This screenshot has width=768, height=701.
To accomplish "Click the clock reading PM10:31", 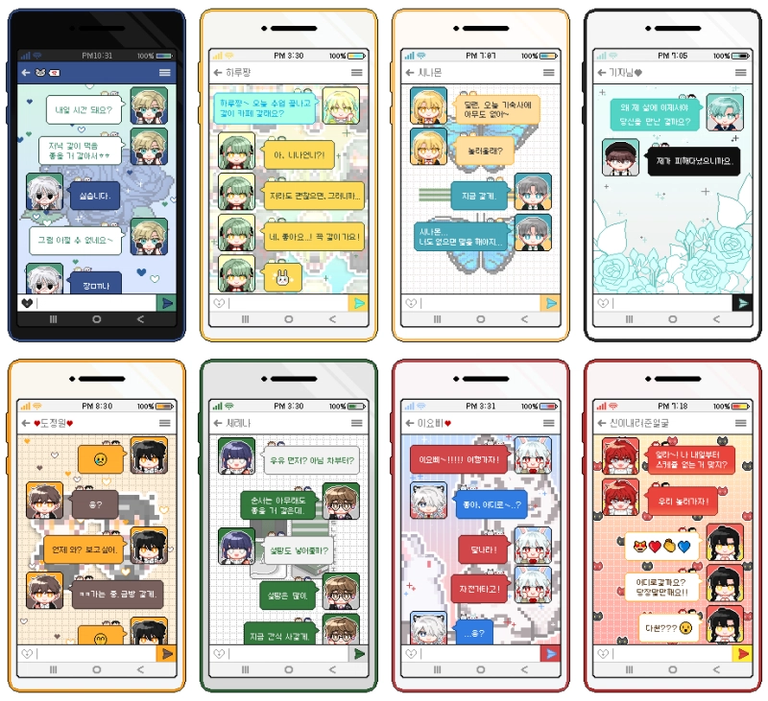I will pyautogui.click(x=97, y=56).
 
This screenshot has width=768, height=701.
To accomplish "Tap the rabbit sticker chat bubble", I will pyautogui.click(x=281, y=278).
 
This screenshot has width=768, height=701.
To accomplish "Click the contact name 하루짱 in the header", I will pyautogui.click(x=243, y=73).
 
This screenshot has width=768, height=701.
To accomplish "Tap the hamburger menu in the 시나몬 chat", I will pyautogui.click(x=549, y=73).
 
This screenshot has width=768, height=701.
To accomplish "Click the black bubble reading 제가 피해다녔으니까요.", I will pyautogui.click(x=691, y=159).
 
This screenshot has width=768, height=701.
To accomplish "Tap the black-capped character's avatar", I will pyautogui.click(x=620, y=157).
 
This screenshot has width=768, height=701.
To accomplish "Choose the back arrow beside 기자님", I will pyautogui.click(x=602, y=73).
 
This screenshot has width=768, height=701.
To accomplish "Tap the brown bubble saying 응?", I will pyautogui.click(x=94, y=503).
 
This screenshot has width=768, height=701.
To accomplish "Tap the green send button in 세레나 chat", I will pyautogui.click(x=359, y=653).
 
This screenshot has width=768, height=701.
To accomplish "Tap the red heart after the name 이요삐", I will pyautogui.click(x=447, y=423).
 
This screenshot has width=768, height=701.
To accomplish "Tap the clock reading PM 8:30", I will pyautogui.click(x=97, y=406).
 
